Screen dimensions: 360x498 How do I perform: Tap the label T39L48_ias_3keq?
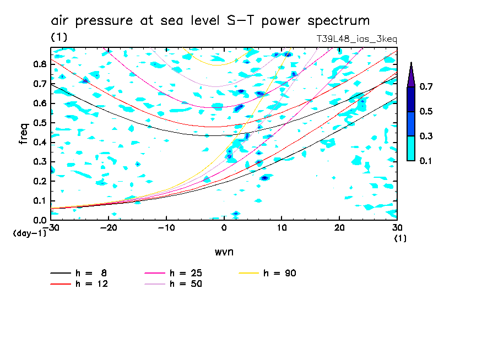pos(356,39)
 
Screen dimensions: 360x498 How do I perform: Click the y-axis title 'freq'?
pos(24,134)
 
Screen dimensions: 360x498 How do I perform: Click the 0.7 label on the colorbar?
pos(425,86)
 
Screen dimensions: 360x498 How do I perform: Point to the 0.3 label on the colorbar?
pos(425,136)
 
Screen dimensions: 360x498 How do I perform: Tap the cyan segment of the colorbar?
pos(411,148)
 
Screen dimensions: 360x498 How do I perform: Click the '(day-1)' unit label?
pos(29,233)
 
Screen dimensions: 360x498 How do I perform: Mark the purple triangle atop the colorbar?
pos(411,75)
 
